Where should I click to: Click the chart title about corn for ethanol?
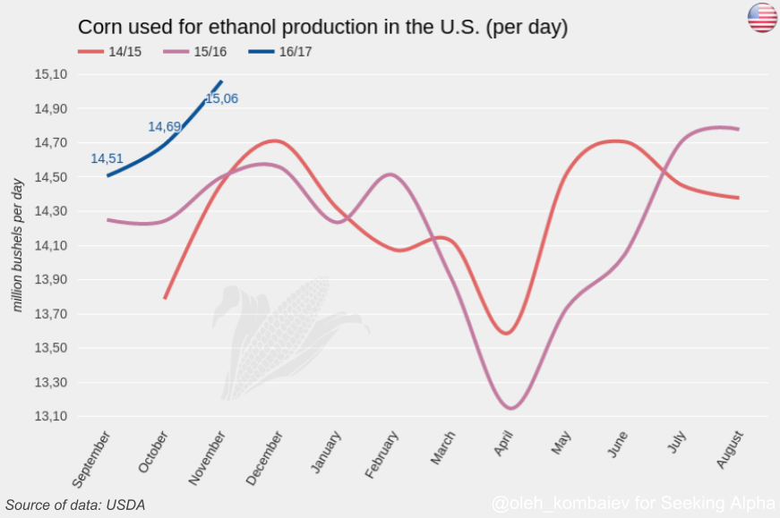[x=323, y=28]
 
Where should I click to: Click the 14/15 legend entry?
[x=110, y=52]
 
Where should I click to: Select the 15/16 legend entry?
[x=195, y=52]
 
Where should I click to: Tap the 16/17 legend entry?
[x=280, y=52]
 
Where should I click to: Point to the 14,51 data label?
[x=107, y=158]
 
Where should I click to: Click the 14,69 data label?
[x=164, y=127]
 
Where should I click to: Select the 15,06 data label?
[x=222, y=98]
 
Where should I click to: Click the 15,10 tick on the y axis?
[x=50, y=74]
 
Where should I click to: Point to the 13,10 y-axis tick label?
[x=50, y=416]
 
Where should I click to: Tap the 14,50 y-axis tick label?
[x=50, y=177]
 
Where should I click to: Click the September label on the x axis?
[x=91, y=460]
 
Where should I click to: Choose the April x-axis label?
[x=503, y=444]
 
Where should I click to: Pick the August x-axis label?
[x=730, y=449]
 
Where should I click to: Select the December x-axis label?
[x=264, y=458]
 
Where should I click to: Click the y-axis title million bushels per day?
[x=17, y=245]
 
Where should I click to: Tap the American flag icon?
[x=762, y=18]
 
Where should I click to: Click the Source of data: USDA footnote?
[x=75, y=505]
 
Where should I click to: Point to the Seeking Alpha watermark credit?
[x=633, y=503]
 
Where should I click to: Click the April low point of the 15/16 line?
[x=510, y=408]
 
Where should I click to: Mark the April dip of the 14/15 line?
[x=507, y=333]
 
